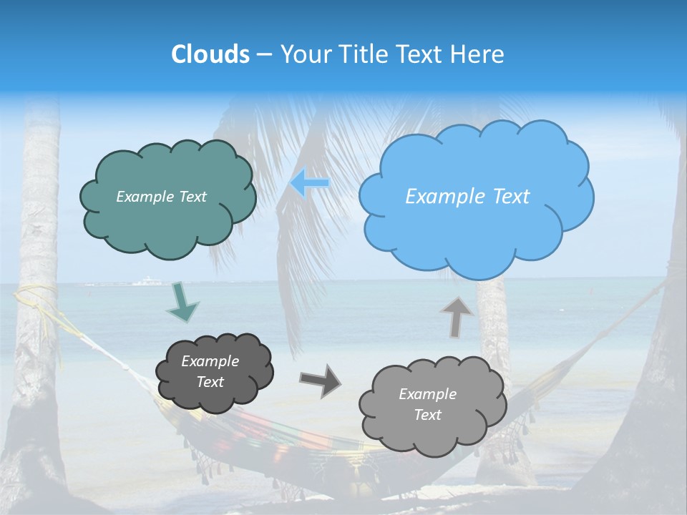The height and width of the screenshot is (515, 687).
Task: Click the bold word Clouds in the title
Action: [x=210, y=54]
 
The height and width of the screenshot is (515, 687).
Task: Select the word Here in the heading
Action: [x=479, y=54]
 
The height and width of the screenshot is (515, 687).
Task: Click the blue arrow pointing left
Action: [x=309, y=183]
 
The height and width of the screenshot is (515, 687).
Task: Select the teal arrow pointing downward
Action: [x=182, y=302]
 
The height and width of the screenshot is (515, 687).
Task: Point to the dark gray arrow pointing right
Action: [x=320, y=380]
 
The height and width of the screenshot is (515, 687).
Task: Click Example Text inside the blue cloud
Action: [x=467, y=197]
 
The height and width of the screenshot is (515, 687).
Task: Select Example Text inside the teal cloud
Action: [x=161, y=197]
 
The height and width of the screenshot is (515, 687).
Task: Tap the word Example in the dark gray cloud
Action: [x=210, y=361]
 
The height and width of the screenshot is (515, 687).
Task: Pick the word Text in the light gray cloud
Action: [x=428, y=415]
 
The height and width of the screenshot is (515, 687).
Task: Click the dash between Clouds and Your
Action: [x=264, y=55]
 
